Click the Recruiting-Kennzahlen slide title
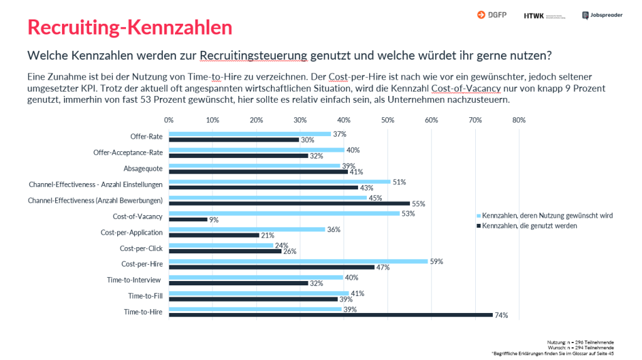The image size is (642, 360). pos(130,28)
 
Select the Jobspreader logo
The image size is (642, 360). pos(602,15)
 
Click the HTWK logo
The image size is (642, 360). pos(544,15)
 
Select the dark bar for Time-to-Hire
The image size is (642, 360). pos(330,315)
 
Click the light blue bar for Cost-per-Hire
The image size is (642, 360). pos(298,261)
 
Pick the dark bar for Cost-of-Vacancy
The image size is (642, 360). pos(188,219)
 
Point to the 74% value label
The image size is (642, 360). pos(501,315)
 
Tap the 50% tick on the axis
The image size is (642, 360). pos(387,120)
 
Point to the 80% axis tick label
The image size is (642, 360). pos(518,120)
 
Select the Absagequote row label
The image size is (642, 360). pos(143,169)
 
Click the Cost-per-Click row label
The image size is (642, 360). pos(141,248)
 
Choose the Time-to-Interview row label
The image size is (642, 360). pos(134,280)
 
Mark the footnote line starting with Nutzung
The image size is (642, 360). pos(582,342)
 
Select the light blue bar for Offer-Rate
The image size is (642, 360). pos(250,134)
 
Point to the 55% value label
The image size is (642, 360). pos(419,203)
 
